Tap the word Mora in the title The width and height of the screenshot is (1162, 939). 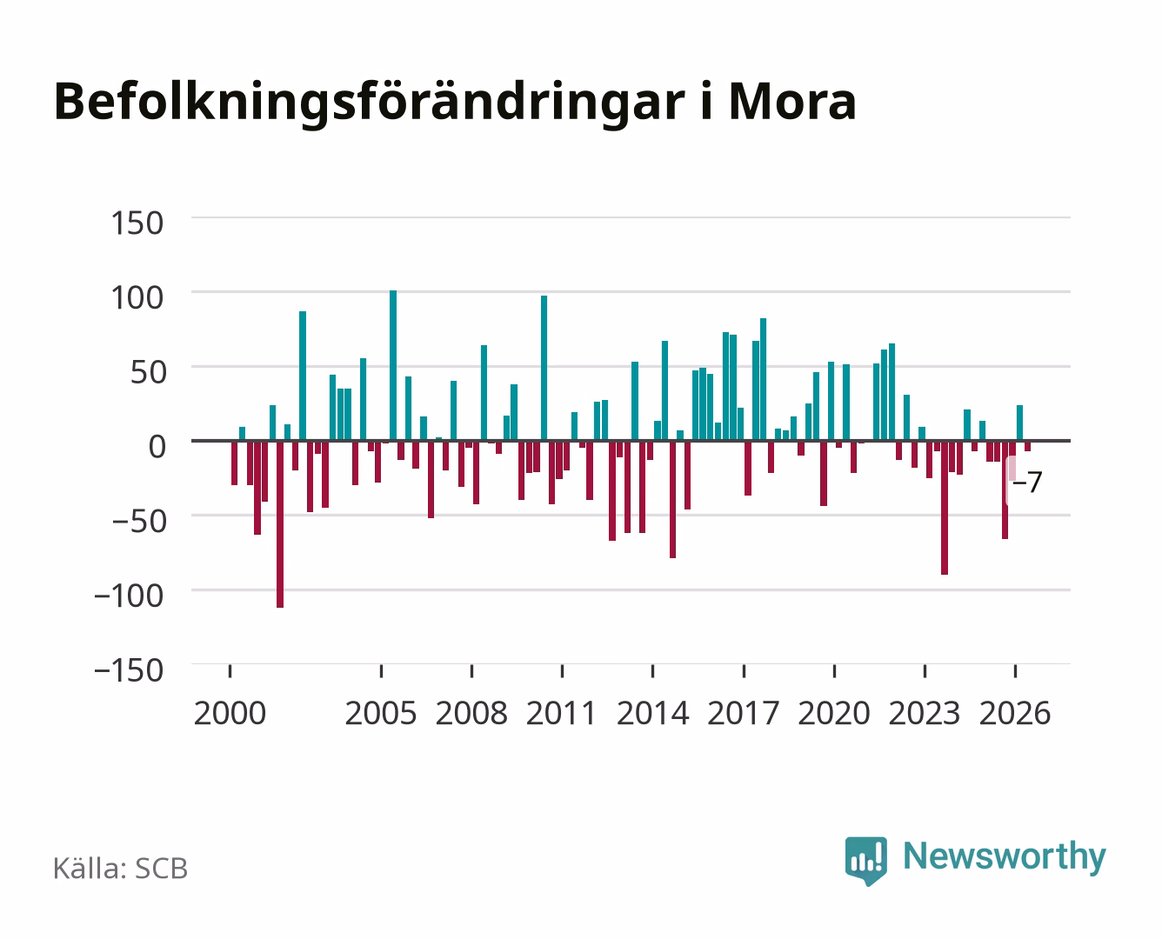click(x=792, y=102)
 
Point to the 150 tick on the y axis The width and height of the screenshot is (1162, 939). click(x=137, y=223)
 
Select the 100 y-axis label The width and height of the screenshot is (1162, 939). click(x=137, y=297)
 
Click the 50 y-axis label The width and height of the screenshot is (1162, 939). click(x=148, y=372)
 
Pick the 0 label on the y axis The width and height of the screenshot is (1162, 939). click(x=157, y=447)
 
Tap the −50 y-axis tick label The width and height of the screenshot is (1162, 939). click(x=139, y=522)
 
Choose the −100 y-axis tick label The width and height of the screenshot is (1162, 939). click(x=129, y=596)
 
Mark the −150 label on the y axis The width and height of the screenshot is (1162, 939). click(x=129, y=670)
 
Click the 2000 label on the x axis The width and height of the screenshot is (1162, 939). click(x=230, y=713)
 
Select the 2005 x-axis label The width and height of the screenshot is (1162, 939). click(x=381, y=713)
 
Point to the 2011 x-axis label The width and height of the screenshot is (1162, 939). click(x=561, y=713)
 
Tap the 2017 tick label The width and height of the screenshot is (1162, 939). click(x=743, y=713)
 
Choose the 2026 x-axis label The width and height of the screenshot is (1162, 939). click(x=1015, y=713)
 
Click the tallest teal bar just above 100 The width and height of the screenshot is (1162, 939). click(x=393, y=365)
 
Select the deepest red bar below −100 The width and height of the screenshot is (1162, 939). click(x=280, y=524)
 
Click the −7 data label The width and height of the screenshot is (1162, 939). click(x=1027, y=482)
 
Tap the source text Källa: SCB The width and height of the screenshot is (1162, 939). click(x=121, y=869)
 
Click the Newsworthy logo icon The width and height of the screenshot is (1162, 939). click(x=866, y=861)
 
